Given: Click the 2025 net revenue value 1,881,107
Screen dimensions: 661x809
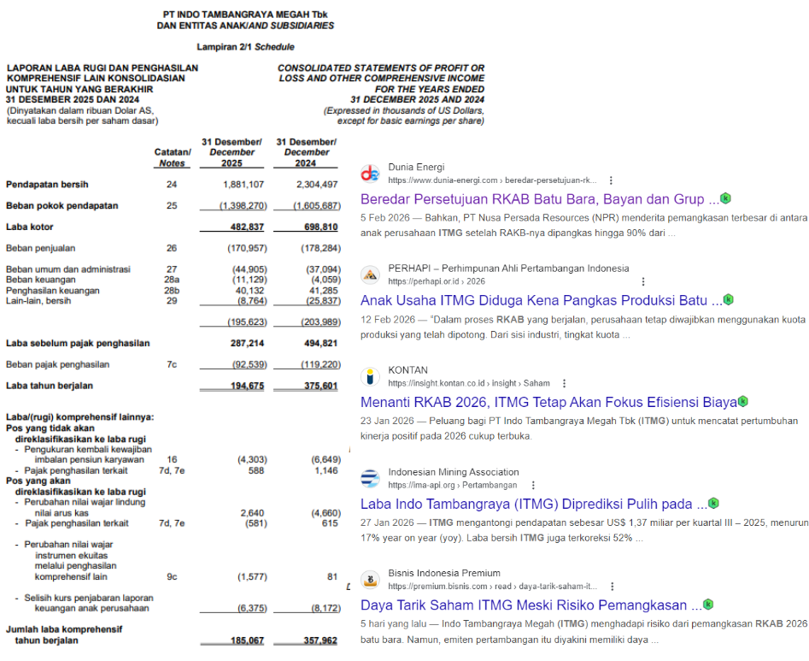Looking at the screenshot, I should tap(243, 185).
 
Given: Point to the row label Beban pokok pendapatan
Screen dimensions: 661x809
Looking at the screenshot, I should tap(62, 206).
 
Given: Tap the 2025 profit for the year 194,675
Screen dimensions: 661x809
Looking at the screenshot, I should tap(243, 386).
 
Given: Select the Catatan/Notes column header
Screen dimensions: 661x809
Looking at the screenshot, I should tap(172, 157).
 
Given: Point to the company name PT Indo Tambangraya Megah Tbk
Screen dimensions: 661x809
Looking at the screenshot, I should tap(245, 15).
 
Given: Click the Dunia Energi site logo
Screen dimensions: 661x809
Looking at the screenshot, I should tap(370, 174).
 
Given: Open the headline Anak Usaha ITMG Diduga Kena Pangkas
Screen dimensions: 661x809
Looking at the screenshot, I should tap(540, 300).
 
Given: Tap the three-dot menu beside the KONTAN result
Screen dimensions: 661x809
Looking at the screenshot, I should tap(564, 383).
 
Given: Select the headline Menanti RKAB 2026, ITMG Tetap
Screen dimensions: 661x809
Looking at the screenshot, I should tap(548, 402).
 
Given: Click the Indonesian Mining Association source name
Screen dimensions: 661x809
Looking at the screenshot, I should tap(453, 472).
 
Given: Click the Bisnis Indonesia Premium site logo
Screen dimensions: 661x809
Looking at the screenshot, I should tap(370, 579).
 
